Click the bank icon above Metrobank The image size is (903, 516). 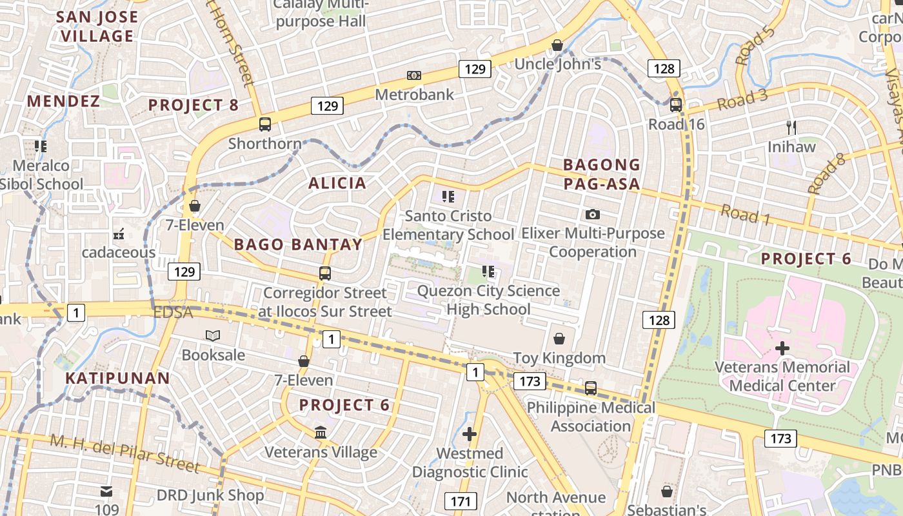[414, 75]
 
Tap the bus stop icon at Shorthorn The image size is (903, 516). [265, 124]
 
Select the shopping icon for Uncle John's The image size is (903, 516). [557, 45]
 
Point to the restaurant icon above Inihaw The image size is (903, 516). [791, 128]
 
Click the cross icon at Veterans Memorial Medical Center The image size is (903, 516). [782, 349]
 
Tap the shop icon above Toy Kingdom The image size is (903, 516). [559, 339]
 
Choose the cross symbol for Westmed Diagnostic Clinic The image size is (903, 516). [470, 435]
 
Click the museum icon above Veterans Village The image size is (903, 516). [321, 432]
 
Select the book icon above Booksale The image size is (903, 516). [213, 335]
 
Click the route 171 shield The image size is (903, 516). [461, 501]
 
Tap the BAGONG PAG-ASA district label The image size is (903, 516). [602, 174]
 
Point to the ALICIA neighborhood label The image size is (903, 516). [337, 183]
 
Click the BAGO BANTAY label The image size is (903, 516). [298, 244]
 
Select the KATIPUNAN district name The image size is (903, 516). [118, 379]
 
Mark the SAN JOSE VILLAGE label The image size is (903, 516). [97, 26]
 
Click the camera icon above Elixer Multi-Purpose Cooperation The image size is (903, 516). [592, 214]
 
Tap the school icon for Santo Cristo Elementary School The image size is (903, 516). [448, 197]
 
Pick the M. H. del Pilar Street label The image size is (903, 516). [124, 453]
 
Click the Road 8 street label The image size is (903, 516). [826, 174]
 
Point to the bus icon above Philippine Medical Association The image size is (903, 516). [591, 388]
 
